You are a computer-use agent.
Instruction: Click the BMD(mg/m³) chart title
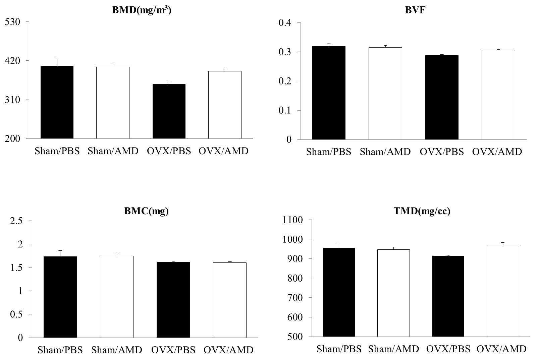[142, 10]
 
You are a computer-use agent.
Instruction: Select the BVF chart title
[415, 10]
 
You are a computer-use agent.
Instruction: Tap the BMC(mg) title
[146, 211]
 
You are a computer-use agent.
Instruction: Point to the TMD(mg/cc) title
[422, 211]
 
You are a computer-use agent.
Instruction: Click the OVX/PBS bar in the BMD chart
[169, 111]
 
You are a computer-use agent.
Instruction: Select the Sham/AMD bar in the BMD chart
[113, 103]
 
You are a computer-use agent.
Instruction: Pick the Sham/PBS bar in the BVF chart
[329, 93]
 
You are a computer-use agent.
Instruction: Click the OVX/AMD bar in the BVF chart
[498, 95]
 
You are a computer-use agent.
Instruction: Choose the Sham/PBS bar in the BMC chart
[60, 297]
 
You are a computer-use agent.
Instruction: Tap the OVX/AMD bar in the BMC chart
[230, 300]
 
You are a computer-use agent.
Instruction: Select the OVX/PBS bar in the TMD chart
[448, 296]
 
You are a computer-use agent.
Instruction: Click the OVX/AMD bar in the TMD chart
[503, 291]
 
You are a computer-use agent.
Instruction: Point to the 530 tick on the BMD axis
[12, 22]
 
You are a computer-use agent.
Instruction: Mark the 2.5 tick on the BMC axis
[16, 221]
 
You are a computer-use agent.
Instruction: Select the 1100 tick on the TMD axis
[292, 220]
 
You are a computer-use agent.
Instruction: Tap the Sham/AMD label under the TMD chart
[394, 349]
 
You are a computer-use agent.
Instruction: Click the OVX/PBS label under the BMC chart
[173, 350]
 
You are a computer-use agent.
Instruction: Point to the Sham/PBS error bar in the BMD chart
[57, 62]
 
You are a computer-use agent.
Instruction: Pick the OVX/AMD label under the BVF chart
[497, 152]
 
